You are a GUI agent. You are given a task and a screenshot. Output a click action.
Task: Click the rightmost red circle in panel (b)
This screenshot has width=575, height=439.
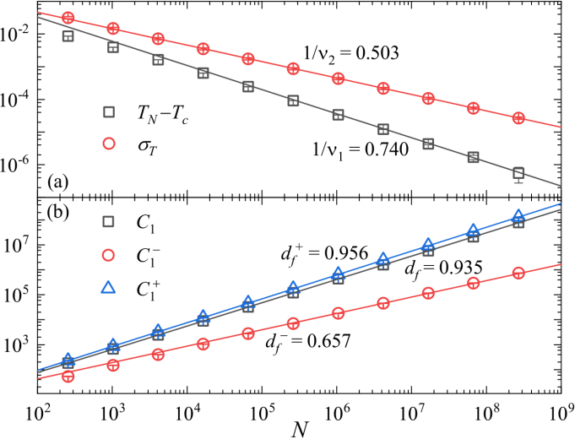click(518, 273)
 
